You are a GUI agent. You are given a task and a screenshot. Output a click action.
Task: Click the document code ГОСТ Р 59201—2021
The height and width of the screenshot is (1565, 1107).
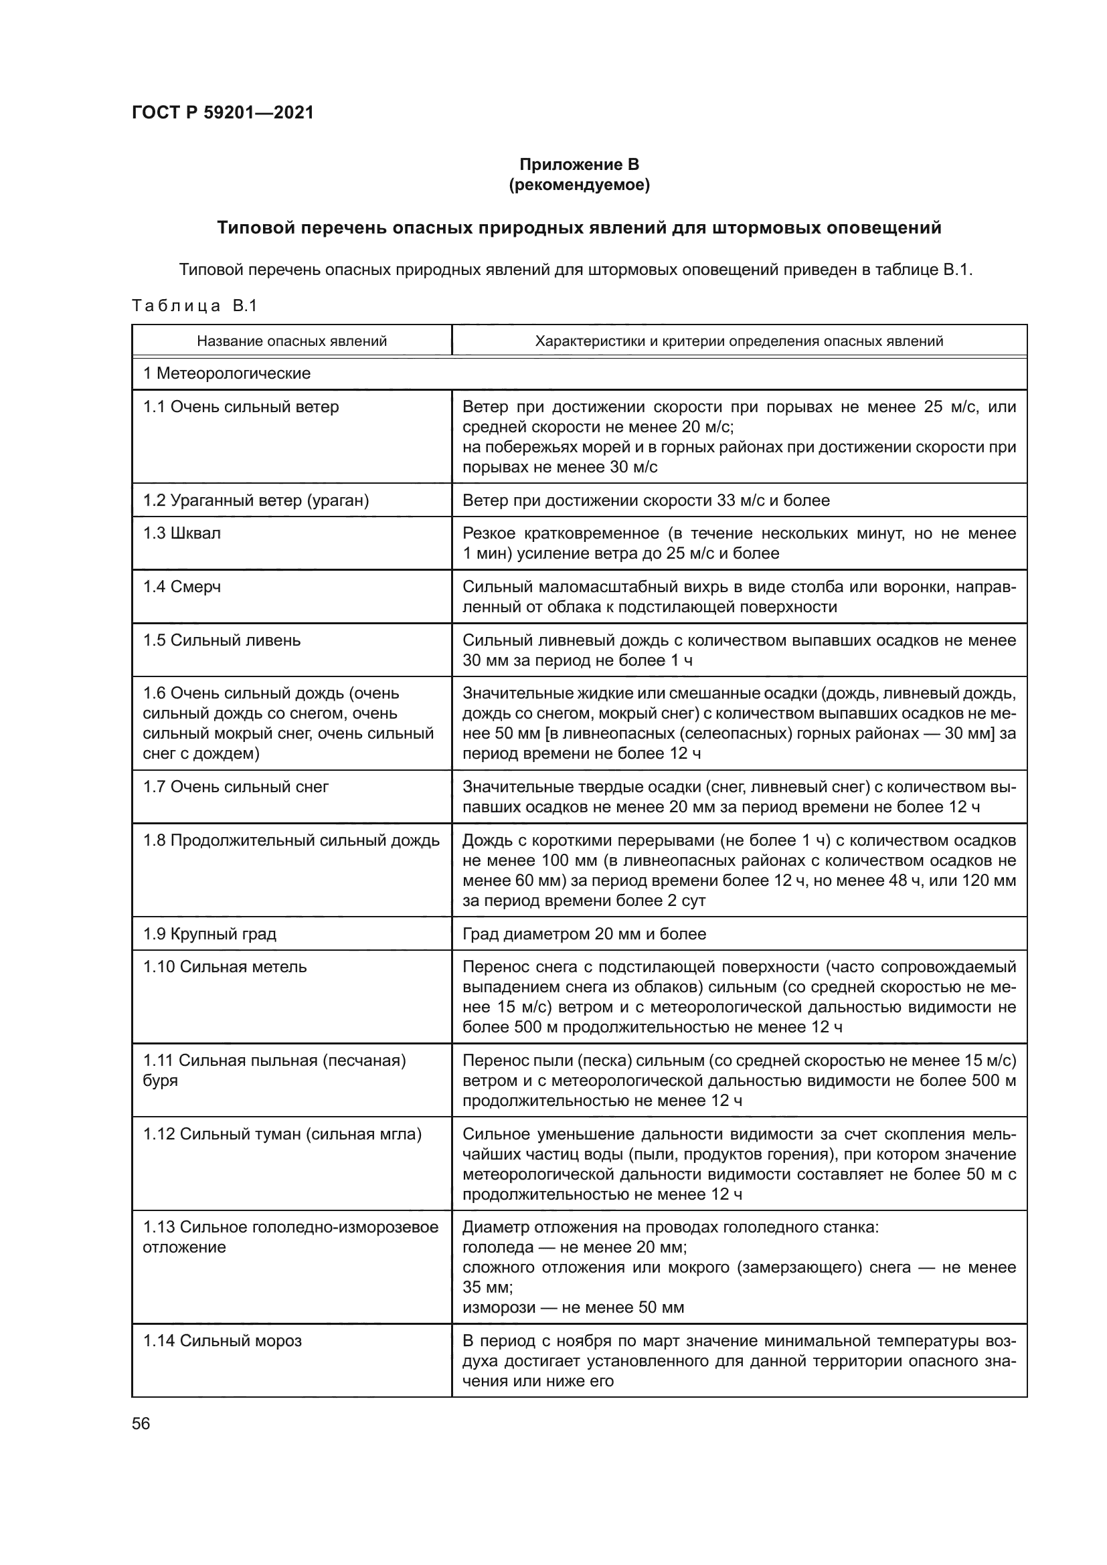pos(223,112)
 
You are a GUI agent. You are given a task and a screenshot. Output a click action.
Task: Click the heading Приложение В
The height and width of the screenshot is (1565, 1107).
pos(580,165)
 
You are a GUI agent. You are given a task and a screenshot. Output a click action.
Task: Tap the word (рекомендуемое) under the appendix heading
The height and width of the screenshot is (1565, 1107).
pos(580,185)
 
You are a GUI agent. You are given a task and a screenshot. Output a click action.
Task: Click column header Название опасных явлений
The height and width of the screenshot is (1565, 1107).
pos(292,341)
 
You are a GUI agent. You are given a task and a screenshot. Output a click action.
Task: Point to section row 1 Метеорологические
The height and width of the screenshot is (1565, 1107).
pos(226,373)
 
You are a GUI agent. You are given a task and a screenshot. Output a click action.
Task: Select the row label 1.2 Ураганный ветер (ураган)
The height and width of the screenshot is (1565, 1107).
pos(256,500)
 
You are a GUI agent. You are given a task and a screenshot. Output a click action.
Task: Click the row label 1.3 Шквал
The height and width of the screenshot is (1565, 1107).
pos(182,533)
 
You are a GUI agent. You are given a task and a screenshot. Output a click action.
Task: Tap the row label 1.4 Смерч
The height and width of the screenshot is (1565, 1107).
pos(182,587)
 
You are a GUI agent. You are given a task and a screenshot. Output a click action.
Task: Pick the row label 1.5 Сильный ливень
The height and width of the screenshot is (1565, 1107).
pos(222,640)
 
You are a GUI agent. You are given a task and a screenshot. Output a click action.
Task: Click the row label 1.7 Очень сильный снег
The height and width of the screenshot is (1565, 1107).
pos(236,787)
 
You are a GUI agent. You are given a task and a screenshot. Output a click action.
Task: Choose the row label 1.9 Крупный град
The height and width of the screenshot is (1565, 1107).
pos(209,934)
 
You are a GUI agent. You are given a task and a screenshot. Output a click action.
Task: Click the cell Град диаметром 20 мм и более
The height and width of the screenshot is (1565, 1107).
pos(584,934)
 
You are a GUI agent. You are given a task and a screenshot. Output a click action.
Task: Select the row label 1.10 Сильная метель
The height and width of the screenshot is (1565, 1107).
pos(225,967)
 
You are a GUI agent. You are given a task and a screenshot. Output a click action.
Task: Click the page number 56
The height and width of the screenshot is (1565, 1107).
pos(141,1423)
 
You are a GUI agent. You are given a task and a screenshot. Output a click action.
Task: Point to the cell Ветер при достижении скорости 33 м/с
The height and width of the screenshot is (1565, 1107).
pos(645,500)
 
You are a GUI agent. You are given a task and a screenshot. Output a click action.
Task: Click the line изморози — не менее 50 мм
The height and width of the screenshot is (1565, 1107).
pos(573,1307)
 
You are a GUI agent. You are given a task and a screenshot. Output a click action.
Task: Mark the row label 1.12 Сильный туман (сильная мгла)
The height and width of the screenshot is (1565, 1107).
pos(282,1134)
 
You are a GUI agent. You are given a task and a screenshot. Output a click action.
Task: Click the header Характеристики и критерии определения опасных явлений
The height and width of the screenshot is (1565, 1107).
pos(739,341)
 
